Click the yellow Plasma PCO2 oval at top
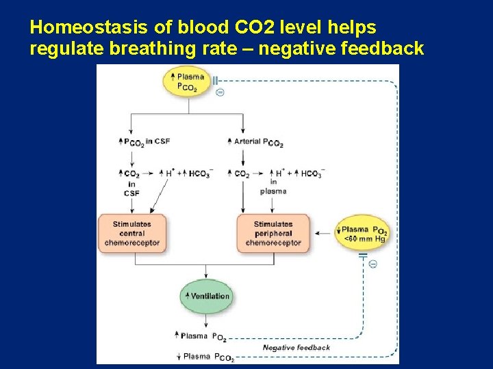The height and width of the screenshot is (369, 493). pos(187,81)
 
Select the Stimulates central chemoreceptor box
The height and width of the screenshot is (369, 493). pos(132,233)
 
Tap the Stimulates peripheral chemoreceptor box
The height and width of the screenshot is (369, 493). pos(273,233)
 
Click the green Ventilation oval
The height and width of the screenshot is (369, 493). pos(207,296)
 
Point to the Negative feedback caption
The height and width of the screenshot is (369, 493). pos(296,348)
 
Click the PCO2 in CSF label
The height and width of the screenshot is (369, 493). pos(144,141)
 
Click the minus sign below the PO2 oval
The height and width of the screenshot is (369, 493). pos(372,264)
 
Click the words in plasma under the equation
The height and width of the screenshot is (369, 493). pos(273,187)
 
